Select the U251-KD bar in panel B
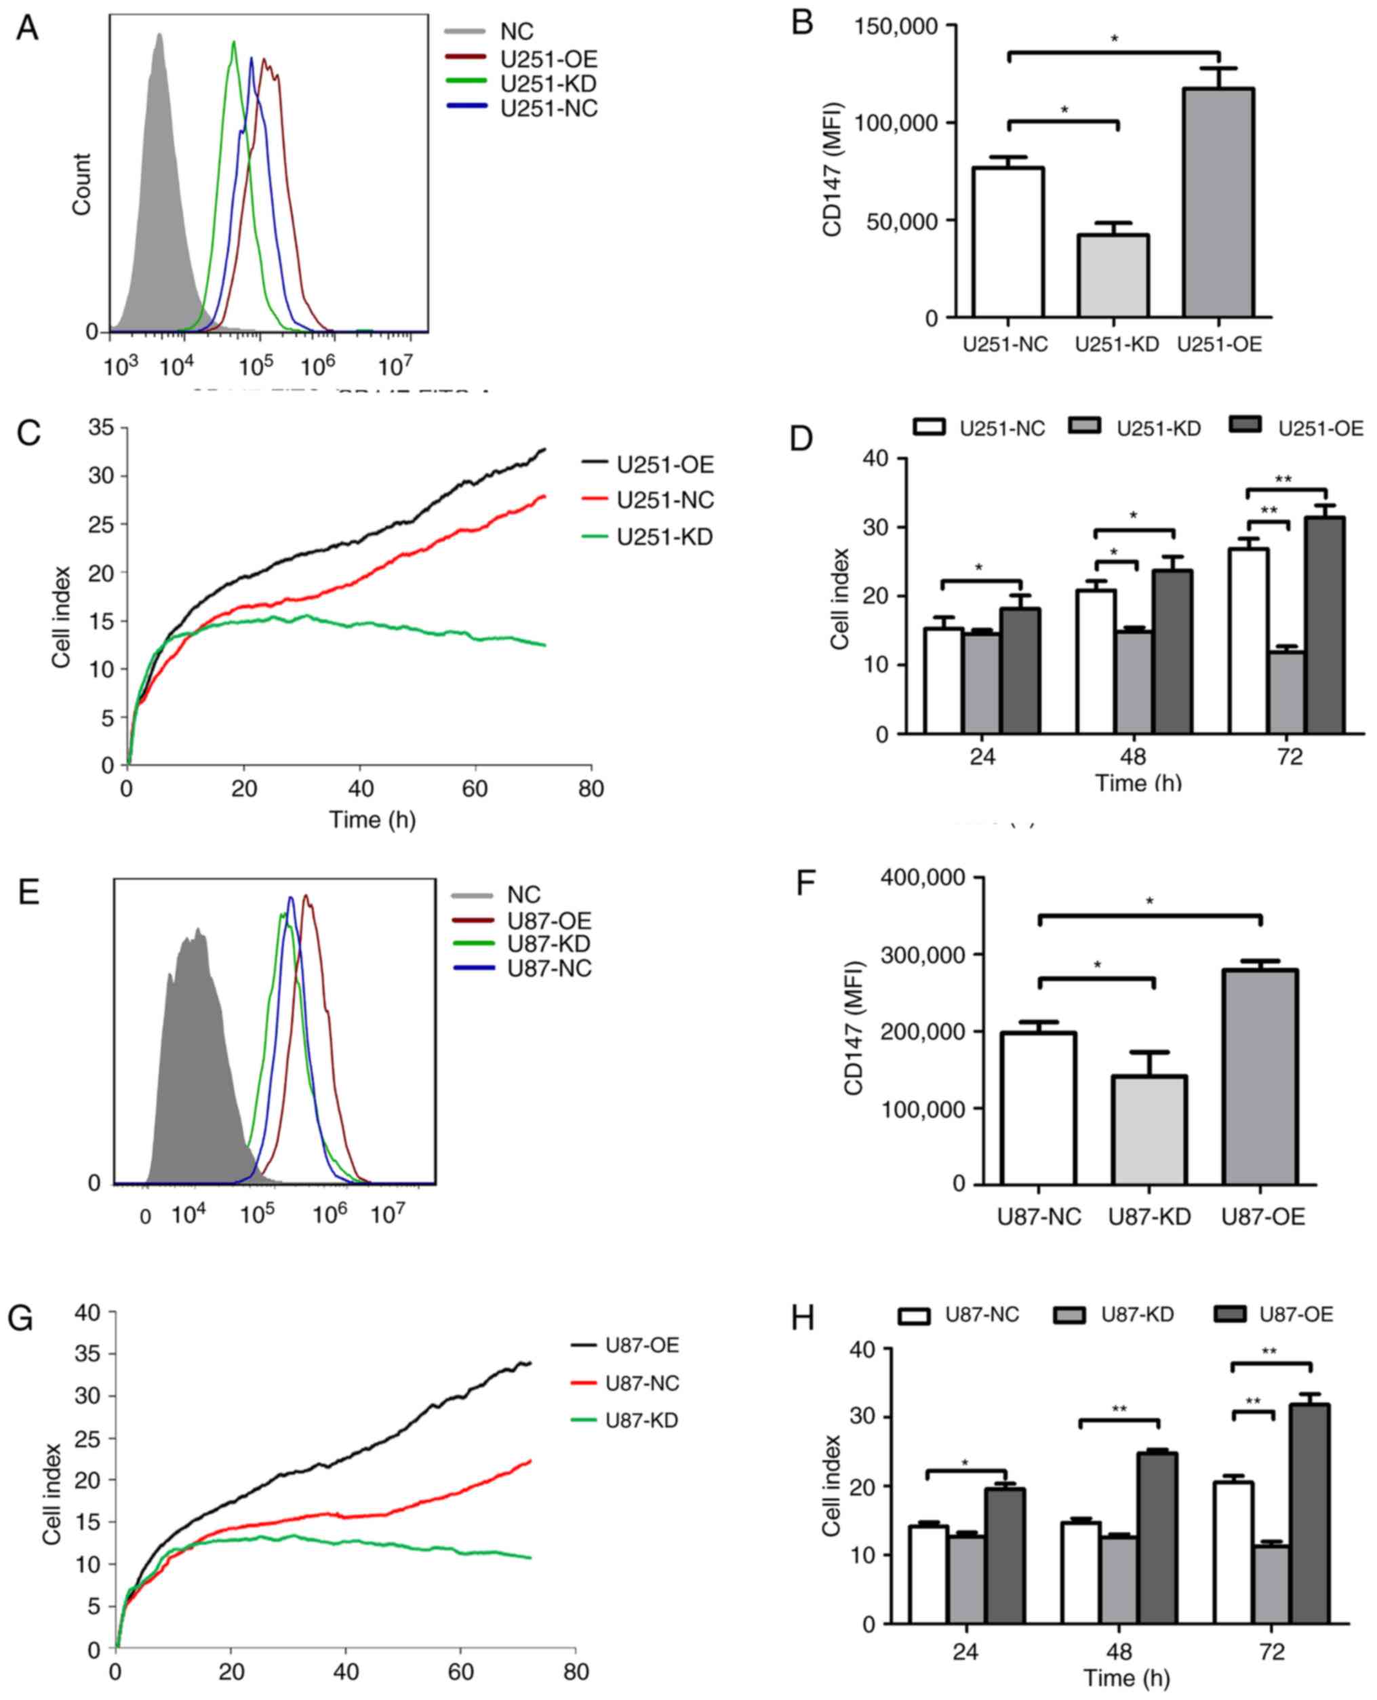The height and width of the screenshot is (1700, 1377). tap(1114, 275)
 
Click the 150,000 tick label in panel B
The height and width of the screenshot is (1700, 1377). tap(896, 26)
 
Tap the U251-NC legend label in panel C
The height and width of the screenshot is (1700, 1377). tap(664, 500)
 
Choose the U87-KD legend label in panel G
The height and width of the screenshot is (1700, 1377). tap(641, 1420)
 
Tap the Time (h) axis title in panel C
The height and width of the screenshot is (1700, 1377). tap(372, 819)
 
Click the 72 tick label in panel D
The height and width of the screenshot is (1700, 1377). tap(1289, 757)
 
